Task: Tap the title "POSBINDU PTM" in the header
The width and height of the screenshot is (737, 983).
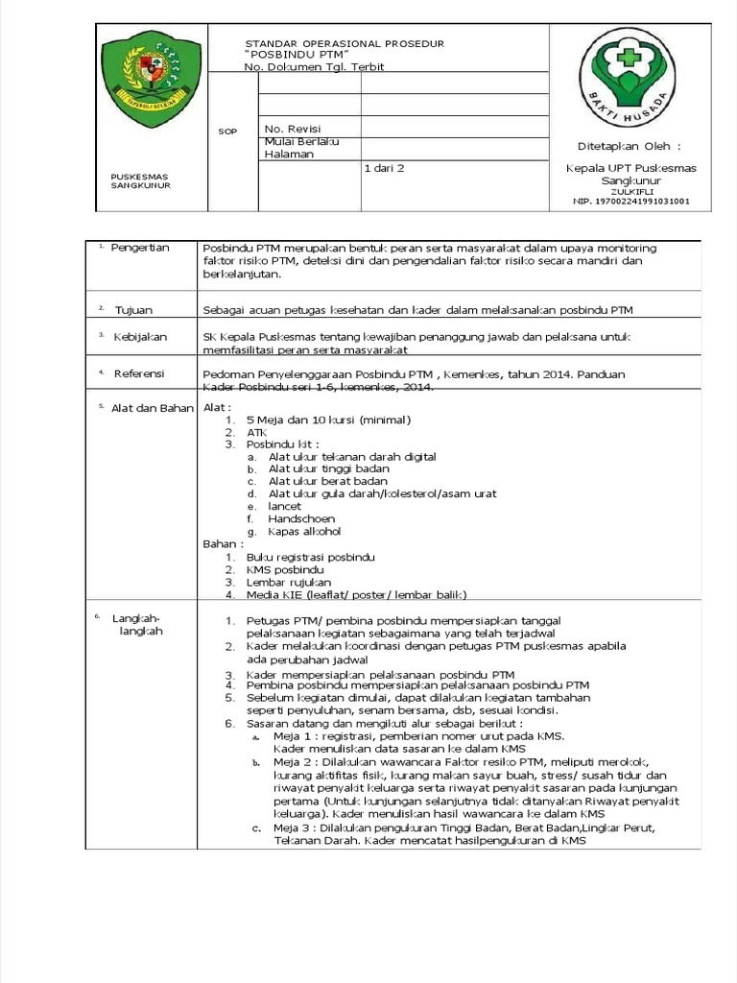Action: (x=296, y=56)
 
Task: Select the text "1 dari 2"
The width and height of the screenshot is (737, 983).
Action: (x=384, y=168)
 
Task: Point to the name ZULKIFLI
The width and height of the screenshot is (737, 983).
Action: (x=630, y=191)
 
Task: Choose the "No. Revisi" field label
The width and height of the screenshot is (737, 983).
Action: (x=293, y=129)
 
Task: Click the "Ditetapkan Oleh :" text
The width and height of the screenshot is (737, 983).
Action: (x=630, y=146)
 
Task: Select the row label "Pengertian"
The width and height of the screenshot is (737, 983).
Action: (x=140, y=248)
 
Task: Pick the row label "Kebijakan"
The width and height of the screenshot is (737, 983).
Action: (x=140, y=337)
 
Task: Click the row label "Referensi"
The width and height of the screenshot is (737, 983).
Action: (x=139, y=372)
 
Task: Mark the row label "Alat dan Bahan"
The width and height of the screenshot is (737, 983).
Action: (x=152, y=408)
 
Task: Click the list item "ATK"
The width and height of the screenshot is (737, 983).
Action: (x=256, y=432)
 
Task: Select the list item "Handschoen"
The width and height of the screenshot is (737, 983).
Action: (x=300, y=518)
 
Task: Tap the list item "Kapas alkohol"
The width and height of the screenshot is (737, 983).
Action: (x=304, y=531)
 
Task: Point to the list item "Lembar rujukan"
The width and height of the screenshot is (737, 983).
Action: (x=289, y=582)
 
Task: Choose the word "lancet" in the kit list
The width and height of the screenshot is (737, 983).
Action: (x=285, y=506)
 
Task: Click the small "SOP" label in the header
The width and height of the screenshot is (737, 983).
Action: (x=227, y=132)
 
